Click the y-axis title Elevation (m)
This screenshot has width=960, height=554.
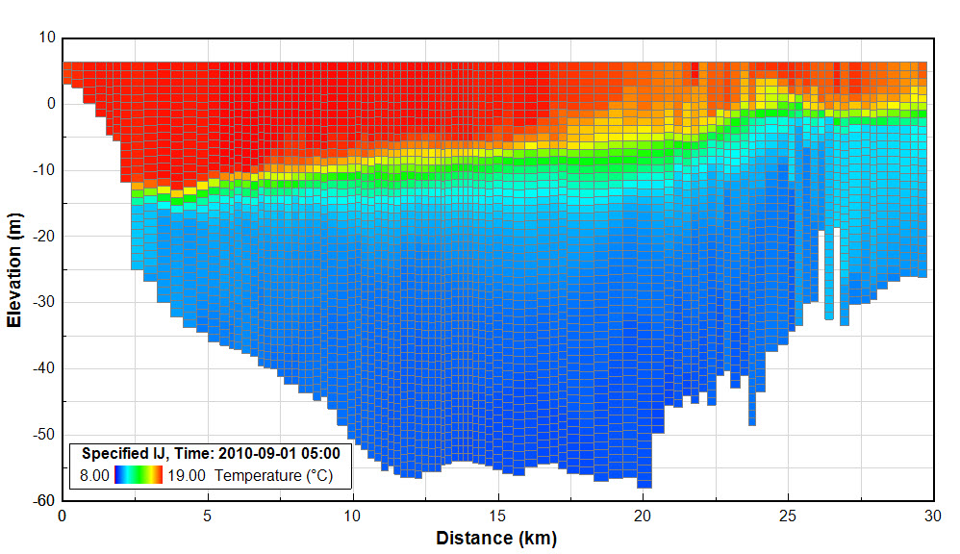[x=14, y=269]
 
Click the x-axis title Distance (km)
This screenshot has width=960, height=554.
[x=496, y=538]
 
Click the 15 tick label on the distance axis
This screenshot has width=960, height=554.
[x=497, y=516]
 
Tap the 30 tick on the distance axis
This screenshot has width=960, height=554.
[x=932, y=516]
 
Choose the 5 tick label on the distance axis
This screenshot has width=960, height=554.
[x=208, y=516]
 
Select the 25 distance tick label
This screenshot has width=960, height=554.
[x=788, y=516]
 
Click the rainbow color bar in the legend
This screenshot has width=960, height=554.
[x=139, y=474]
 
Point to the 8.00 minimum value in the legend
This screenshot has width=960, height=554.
[x=93, y=475]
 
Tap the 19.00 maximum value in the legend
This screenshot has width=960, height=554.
[x=186, y=475]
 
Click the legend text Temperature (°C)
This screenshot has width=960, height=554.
[x=274, y=475]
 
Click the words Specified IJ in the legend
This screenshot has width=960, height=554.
[x=119, y=454]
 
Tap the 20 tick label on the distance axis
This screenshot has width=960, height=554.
[x=643, y=516]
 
